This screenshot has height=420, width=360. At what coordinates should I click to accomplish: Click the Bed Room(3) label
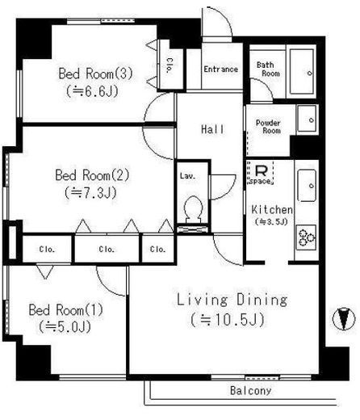click(96, 73)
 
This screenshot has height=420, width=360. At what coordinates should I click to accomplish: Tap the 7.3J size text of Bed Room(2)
click(91, 193)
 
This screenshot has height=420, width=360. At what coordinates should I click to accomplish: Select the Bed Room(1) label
click(66, 310)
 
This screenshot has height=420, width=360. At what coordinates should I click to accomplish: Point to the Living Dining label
click(232, 300)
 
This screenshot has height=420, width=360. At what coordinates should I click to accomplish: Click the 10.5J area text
click(228, 320)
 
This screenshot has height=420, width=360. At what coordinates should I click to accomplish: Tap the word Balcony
click(250, 391)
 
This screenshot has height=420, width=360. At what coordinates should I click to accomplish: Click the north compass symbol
click(344, 319)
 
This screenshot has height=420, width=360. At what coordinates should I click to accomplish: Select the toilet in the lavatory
click(193, 209)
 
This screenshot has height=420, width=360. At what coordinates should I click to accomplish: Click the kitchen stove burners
click(307, 237)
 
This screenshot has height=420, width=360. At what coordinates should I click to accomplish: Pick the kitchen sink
click(307, 185)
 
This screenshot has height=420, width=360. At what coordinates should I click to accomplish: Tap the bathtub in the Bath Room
click(302, 71)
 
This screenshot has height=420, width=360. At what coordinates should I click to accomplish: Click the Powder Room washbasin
click(307, 119)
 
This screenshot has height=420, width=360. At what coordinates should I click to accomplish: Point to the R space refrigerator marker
click(261, 173)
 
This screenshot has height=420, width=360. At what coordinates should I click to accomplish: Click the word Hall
click(212, 129)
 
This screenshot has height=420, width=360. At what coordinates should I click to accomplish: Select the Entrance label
click(220, 69)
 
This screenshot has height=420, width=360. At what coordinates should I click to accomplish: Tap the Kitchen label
click(272, 210)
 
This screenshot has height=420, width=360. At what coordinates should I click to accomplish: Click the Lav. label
click(187, 176)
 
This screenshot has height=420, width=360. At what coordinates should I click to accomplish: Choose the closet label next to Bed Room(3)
click(169, 65)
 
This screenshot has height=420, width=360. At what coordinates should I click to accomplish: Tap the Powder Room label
click(268, 127)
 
